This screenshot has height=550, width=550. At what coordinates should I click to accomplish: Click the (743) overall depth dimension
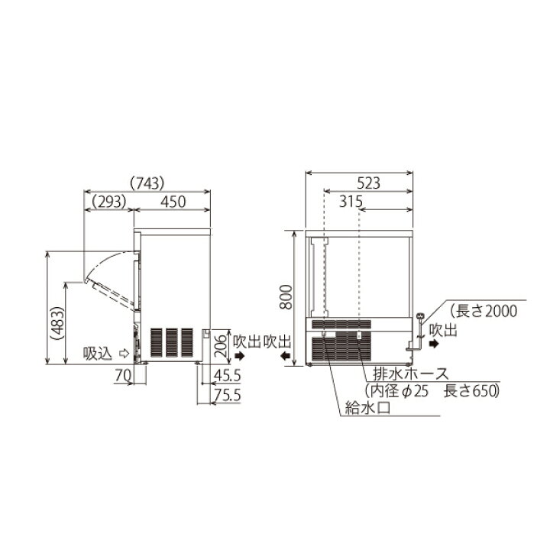(x=147, y=183)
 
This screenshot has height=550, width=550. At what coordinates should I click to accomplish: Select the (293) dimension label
(x=108, y=202)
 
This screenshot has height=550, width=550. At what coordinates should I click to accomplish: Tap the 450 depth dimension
(x=173, y=202)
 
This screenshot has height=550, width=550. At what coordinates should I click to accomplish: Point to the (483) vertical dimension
(x=57, y=323)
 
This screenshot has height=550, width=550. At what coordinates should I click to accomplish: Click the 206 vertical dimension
(x=221, y=346)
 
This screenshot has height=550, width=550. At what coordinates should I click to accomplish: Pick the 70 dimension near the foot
(x=123, y=376)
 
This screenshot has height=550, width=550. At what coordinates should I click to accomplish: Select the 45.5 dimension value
(x=228, y=376)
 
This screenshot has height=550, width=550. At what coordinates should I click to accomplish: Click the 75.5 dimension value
(x=228, y=396)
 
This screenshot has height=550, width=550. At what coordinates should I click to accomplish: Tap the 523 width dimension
(x=369, y=183)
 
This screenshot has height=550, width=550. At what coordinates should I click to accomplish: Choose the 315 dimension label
(x=351, y=202)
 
